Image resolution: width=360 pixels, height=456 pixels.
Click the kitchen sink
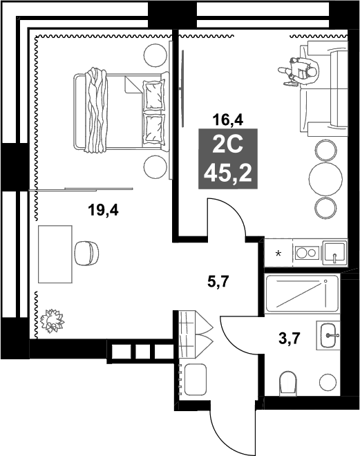click(334, 252)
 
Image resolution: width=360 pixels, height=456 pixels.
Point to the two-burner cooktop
click(305, 252)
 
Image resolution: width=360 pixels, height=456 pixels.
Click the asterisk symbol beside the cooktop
click(279, 254)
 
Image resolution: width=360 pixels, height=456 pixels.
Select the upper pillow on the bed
click(153, 90)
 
